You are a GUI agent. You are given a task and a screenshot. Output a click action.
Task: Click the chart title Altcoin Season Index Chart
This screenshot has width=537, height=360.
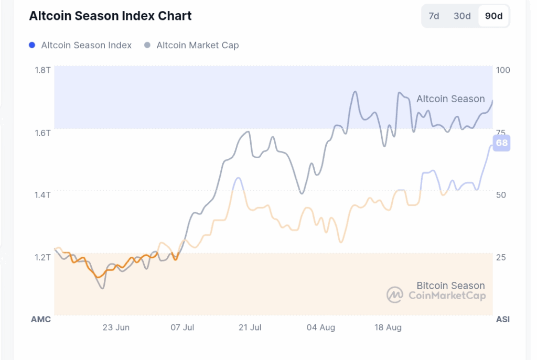(110, 16)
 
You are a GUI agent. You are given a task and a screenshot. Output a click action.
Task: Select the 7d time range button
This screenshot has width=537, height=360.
(434, 16)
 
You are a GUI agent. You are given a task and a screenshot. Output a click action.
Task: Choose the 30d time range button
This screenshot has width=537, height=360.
(462, 16)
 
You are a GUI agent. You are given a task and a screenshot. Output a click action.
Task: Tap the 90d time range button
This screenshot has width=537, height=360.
(493, 16)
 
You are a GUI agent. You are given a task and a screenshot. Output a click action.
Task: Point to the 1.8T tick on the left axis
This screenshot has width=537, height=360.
(43, 70)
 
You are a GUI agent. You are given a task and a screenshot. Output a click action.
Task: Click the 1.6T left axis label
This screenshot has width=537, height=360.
(43, 133)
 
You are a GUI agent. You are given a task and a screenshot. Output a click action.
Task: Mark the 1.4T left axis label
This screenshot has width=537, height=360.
(43, 195)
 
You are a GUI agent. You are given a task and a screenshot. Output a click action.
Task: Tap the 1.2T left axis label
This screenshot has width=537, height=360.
(43, 257)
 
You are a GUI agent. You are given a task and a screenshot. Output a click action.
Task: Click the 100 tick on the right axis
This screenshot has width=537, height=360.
(503, 70)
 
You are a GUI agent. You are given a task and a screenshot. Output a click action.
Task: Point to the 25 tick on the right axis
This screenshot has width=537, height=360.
(501, 257)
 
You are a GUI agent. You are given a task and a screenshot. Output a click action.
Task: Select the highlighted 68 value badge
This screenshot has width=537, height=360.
(502, 143)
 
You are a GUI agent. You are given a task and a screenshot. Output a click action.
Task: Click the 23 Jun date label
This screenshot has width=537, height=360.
(116, 328)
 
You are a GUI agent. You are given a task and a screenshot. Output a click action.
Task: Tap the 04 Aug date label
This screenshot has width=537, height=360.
(321, 328)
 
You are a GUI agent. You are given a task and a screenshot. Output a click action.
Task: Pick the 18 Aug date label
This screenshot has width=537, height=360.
(388, 328)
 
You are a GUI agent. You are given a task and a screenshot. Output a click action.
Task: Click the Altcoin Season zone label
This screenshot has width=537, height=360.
(450, 99)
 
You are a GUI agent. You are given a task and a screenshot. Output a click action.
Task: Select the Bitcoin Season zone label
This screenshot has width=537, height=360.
(450, 286)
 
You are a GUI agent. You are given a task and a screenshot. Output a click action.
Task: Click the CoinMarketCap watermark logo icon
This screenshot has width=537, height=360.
(395, 295)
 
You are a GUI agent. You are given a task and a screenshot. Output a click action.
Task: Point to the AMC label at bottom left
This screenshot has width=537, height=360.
(41, 319)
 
